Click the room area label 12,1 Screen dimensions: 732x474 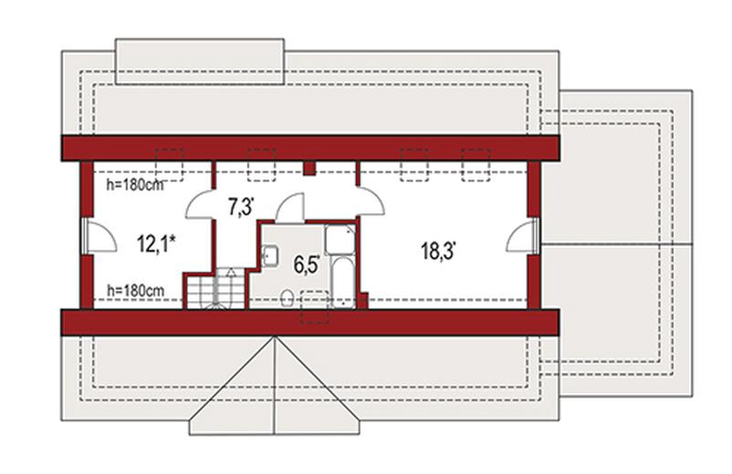point(156,243)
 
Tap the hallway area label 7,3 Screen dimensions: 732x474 point(241,207)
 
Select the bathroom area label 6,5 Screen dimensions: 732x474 point(307,264)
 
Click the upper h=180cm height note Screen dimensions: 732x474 point(135,185)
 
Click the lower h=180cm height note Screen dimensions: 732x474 point(135,291)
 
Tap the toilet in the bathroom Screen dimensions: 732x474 point(288,297)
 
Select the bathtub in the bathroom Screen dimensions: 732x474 point(343,282)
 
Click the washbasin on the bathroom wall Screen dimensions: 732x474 point(270,255)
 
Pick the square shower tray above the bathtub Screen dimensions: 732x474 point(340,240)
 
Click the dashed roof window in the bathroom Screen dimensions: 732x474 point(315,307)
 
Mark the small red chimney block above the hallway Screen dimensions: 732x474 point(309,168)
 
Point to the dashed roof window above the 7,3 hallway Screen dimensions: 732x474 point(261,164)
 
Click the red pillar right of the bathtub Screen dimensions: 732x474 point(362,300)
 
